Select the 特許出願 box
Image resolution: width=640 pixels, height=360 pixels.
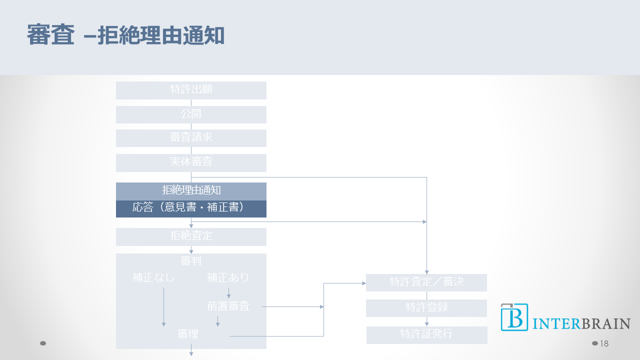[191, 90]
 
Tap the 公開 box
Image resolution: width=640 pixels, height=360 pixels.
[191, 114]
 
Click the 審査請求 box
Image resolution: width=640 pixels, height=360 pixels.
[191, 138]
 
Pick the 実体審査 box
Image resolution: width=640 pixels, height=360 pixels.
[191, 162]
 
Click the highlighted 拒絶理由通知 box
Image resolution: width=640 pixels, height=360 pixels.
[191, 191]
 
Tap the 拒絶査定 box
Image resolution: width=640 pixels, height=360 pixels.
[191, 236]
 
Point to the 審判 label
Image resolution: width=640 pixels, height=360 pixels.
[191, 260]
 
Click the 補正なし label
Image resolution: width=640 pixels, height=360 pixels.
[154, 277]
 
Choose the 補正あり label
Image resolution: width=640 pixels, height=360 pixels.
[228, 277]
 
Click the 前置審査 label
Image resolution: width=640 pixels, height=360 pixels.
[228, 306]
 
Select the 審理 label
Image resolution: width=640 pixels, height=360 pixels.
[188, 334]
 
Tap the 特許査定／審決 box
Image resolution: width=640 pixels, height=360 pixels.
[426, 282]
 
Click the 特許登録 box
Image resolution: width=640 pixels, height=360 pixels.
[426, 308]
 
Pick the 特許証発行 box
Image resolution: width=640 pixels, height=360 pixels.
[426, 334]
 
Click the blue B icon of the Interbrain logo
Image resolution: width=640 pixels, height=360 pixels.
[514, 317]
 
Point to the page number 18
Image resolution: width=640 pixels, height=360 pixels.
[604, 343]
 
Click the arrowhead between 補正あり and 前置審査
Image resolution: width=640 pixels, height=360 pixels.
[229, 296]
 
